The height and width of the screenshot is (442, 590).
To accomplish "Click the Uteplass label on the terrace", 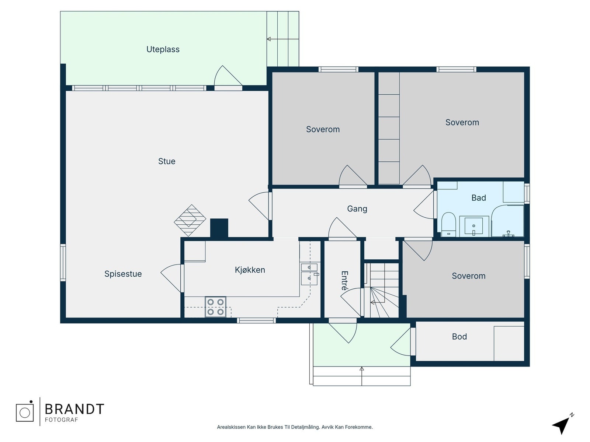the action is pos(163,49).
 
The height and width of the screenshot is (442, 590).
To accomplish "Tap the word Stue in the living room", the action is pos(167,161).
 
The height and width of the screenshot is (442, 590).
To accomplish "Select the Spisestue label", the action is pos(123,274).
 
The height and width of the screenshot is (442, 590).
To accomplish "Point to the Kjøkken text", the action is pos(250,270).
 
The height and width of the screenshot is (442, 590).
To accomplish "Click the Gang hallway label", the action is pos(357,209).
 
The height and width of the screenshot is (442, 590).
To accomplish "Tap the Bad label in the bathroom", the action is pos(479,198).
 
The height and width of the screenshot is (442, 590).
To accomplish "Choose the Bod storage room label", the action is pos(459,337).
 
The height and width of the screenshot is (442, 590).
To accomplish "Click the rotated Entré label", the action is pos(344,281).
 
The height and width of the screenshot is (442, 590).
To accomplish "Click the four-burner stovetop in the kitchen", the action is pos(216,307).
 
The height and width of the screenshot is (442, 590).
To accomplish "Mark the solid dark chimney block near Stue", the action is pos(219,228).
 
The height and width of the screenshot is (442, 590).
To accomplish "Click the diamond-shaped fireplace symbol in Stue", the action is pos(190,220).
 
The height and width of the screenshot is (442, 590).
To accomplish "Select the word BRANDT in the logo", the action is pos(74,409).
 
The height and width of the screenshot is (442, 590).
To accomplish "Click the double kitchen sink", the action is pos(309,274).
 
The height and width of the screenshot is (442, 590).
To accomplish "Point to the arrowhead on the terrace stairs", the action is pos(269,39).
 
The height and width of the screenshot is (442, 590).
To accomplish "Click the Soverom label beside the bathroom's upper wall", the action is pos(462,122).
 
